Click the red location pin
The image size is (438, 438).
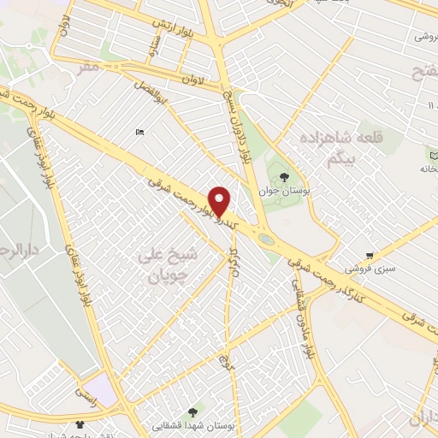point(220,201)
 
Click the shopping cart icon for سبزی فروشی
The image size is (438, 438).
point(369,255)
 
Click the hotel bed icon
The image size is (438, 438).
point(139,132)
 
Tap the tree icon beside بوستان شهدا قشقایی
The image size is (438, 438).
point(202,411)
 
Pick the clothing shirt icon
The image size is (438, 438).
point(80,422)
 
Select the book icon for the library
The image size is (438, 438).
point(431,152)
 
